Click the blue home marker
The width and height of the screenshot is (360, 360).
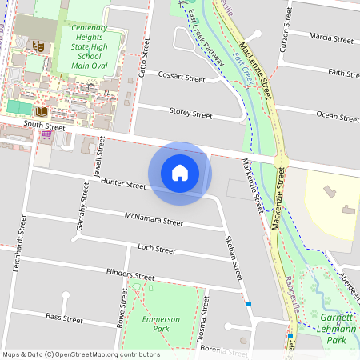point(180,173)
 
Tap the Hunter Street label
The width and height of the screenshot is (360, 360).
point(123,185)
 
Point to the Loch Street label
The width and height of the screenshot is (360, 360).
point(156,250)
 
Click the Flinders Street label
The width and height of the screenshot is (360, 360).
point(130,275)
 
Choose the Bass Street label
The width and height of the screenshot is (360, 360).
point(64,318)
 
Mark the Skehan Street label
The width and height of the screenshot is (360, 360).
point(234,257)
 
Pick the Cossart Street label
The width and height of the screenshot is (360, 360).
point(182,78)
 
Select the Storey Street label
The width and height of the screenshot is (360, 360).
point(190,114)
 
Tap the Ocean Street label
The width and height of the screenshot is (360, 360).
point(338,116)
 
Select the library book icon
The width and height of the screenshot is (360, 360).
point(42,110)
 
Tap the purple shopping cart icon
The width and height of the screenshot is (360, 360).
point(47,134)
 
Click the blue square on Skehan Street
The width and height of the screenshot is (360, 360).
point(249,304)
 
